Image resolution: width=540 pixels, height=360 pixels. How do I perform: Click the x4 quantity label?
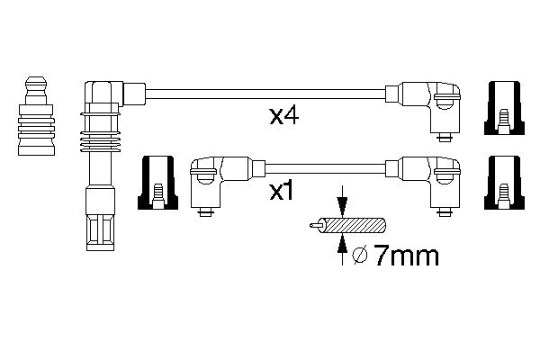coord(283,117)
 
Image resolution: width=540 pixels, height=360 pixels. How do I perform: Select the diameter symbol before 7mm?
coord(359,258)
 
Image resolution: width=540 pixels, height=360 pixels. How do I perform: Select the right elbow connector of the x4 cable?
coord(436,104)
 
